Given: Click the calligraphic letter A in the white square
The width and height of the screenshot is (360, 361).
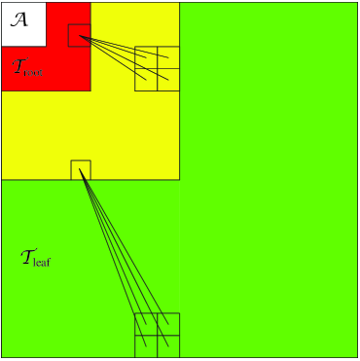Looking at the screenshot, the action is [18, 18].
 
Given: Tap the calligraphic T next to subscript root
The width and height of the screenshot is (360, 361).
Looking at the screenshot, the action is [19, 67].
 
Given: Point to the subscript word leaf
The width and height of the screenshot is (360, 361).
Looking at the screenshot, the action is [42, 262].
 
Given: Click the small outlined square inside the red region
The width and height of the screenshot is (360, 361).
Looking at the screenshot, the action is [80, 35].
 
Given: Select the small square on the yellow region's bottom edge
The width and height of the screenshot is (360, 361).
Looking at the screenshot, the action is [81, 169].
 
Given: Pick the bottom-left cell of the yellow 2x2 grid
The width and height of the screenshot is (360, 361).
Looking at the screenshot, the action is [146, 80].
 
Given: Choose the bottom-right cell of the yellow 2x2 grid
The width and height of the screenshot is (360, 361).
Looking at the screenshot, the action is [168, 80].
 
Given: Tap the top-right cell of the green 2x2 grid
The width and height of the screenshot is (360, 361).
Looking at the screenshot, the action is [168, 324].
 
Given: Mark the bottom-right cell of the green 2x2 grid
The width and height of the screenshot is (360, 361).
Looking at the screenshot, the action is [168, 346].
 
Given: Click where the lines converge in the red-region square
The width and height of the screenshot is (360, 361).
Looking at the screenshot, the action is [81, 37].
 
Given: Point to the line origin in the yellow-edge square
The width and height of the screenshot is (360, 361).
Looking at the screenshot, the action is [81, 170].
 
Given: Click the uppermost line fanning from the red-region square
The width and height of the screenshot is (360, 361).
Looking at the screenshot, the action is [126, 48].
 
